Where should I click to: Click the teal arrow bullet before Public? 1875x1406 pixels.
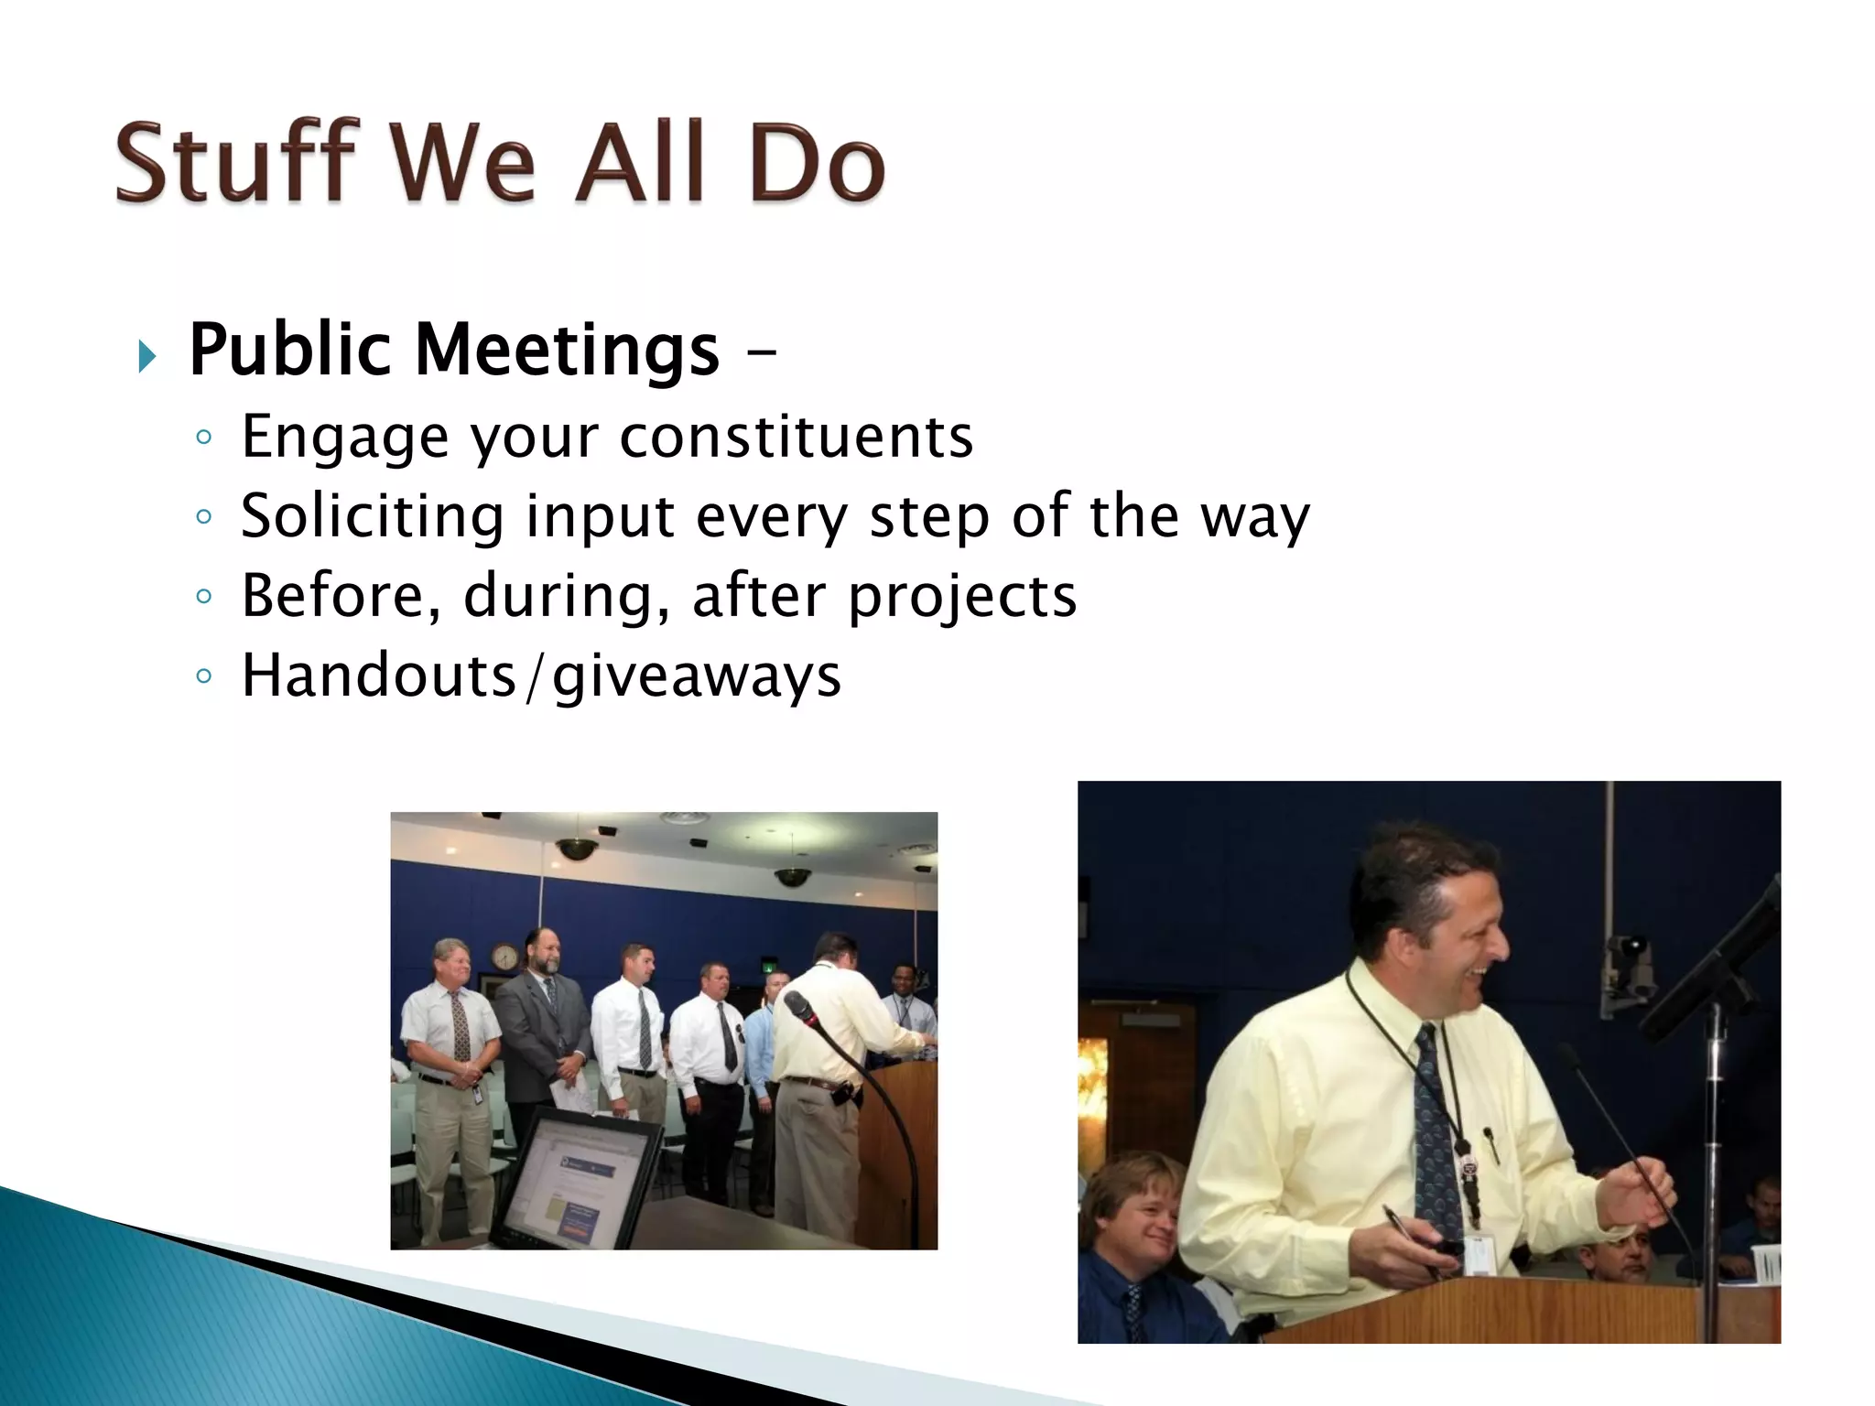point(146,356)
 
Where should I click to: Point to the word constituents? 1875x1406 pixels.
point(796,437)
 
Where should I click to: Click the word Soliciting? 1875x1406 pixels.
point(372,516)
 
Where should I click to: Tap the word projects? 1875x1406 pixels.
point(961,597)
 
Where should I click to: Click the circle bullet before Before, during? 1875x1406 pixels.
point(204,597)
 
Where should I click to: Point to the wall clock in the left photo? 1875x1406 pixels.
point(504,957)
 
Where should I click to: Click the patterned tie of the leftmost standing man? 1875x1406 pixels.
point(460,1025)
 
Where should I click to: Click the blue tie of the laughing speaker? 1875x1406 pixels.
point(1437,1135)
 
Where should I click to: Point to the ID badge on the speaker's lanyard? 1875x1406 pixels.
point(1478,1254)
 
